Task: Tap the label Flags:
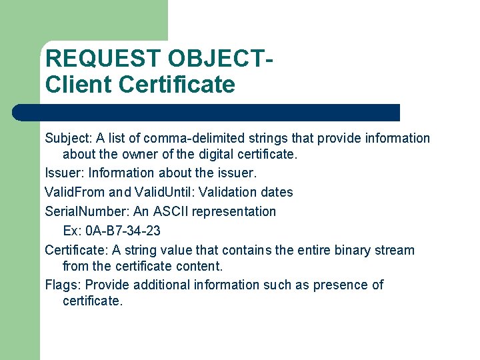pyautogui.click(x=63, y=285)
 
